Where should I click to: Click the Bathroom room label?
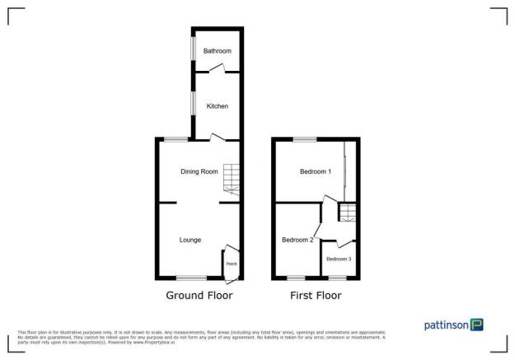pos(218,51)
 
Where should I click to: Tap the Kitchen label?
pos(218,106)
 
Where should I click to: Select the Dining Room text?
pos(200,171)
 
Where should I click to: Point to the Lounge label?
pos(192,240)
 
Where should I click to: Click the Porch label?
pos(232,264)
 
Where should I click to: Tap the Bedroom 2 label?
pos(297,240)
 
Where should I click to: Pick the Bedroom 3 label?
pos(339,259)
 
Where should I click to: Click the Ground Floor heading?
pos(199,295)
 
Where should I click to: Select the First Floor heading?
pos(316,295)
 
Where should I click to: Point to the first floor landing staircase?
pos(349,215)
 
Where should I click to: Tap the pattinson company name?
pos(447,325)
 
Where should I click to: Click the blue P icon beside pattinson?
pos(477,325)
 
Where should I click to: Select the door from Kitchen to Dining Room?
pos(216,138)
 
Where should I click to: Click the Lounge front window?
pos(191,278)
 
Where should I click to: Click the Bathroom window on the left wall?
pos(193,49)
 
